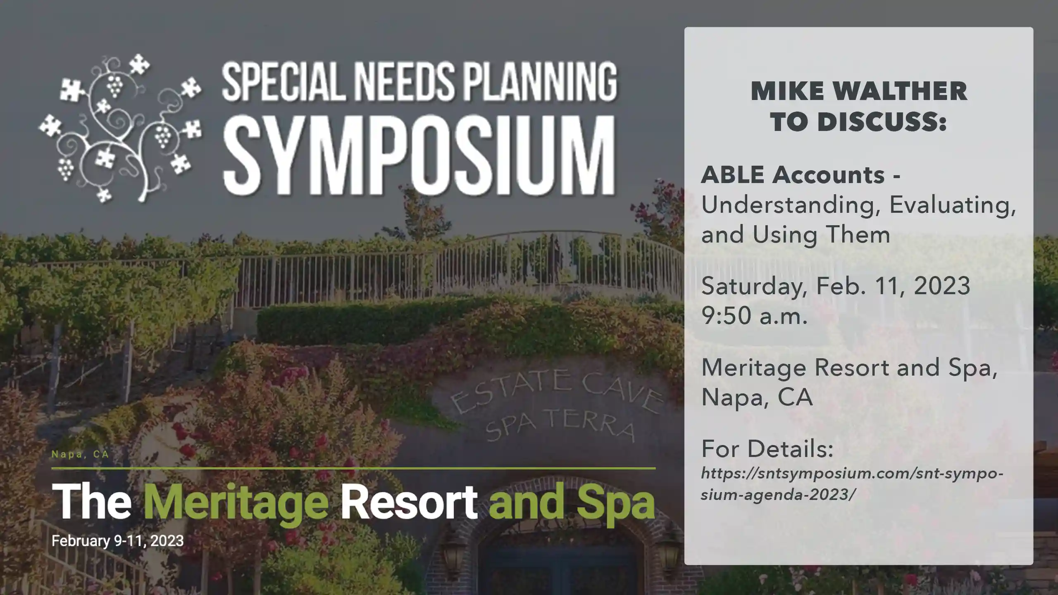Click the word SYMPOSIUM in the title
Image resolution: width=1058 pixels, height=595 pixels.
click(419, 157)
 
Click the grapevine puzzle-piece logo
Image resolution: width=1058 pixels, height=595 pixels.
click(120, 128)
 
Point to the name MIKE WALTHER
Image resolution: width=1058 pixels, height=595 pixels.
click(859, 91)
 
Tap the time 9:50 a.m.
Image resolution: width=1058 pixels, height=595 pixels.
click(754, 316)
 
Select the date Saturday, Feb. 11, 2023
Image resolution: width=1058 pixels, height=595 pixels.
click(836, 286)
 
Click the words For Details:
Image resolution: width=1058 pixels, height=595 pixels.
click(767, 449)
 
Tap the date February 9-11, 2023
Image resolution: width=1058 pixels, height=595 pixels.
click(117, 541)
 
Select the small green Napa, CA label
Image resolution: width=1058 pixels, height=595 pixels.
click(80, 455)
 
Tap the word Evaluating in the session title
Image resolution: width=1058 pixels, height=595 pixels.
click(952, 205)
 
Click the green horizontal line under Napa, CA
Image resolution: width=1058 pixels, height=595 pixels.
click(353, 469)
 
